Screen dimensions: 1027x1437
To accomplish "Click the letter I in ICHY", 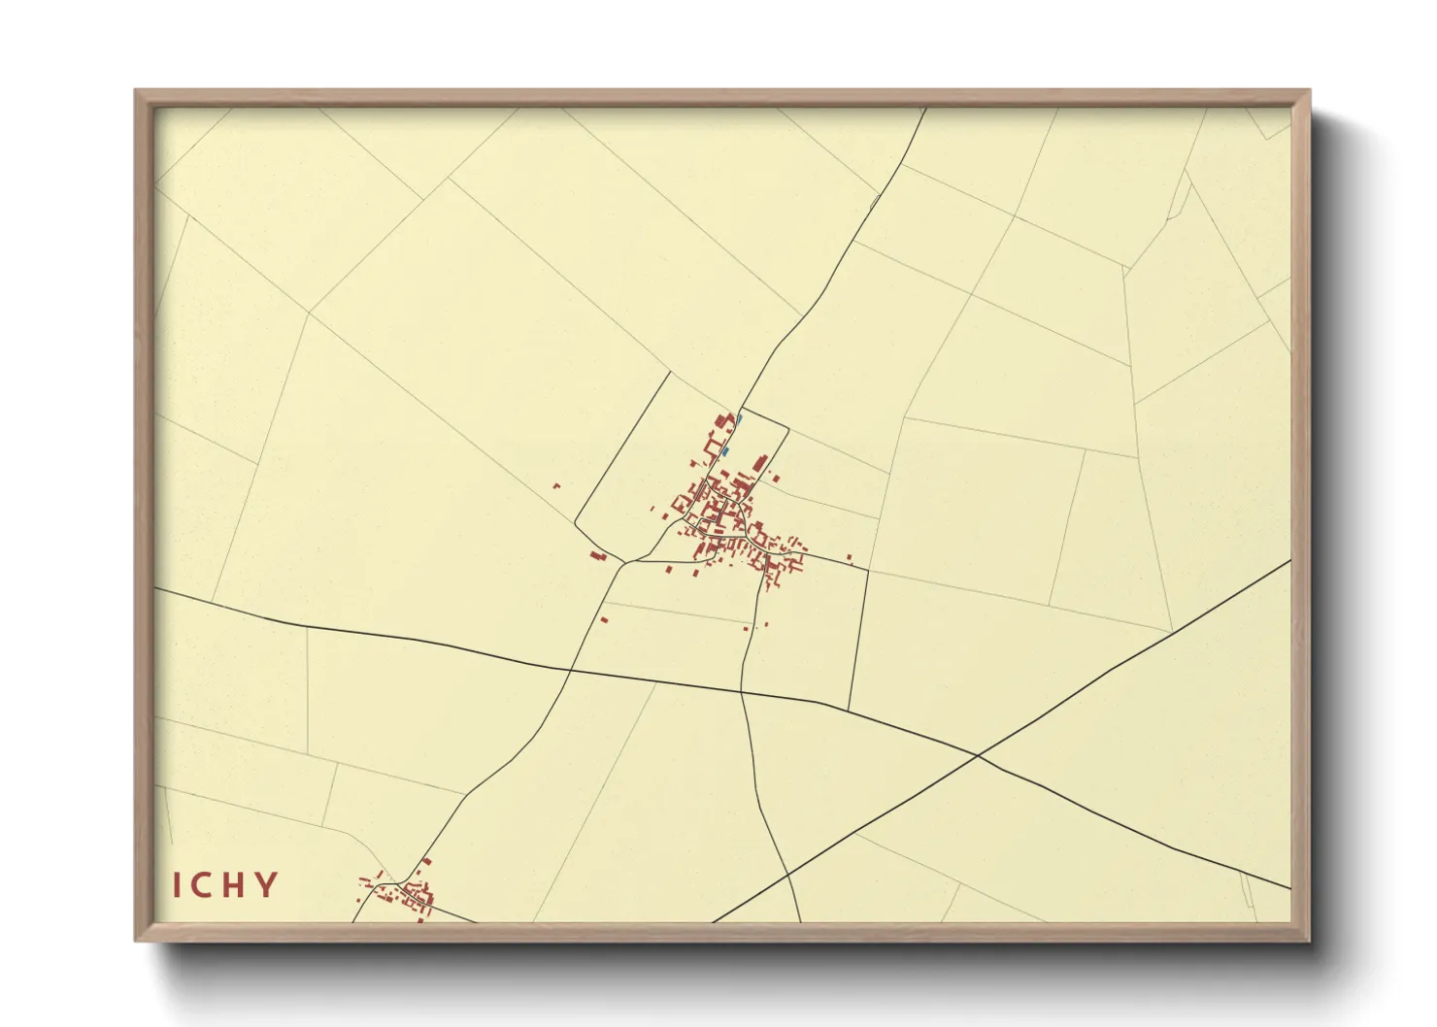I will [179, 885].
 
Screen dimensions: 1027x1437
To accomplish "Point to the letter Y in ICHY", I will [265, 885].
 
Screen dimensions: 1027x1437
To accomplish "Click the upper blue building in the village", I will [739, 420].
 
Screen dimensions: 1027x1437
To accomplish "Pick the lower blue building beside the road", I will [724, 451].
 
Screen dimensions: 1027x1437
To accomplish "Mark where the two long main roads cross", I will [978, 754].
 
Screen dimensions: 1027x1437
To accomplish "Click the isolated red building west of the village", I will [556, 485].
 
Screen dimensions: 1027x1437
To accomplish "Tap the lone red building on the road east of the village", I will [850, 557].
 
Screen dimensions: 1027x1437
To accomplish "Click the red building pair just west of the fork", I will [598, 556].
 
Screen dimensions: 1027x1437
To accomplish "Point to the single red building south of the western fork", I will [604, 618].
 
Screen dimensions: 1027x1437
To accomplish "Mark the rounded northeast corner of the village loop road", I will [785, 427].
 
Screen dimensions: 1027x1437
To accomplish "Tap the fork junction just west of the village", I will [626, 561].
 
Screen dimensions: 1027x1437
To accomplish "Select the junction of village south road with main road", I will [742, 691].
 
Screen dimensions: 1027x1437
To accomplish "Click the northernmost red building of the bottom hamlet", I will [426, 860].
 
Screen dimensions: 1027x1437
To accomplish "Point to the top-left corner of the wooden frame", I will [136, 91].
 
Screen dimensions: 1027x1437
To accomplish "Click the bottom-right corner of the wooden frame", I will [1309, 940].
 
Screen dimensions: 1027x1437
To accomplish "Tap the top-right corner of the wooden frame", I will [1309, 91].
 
